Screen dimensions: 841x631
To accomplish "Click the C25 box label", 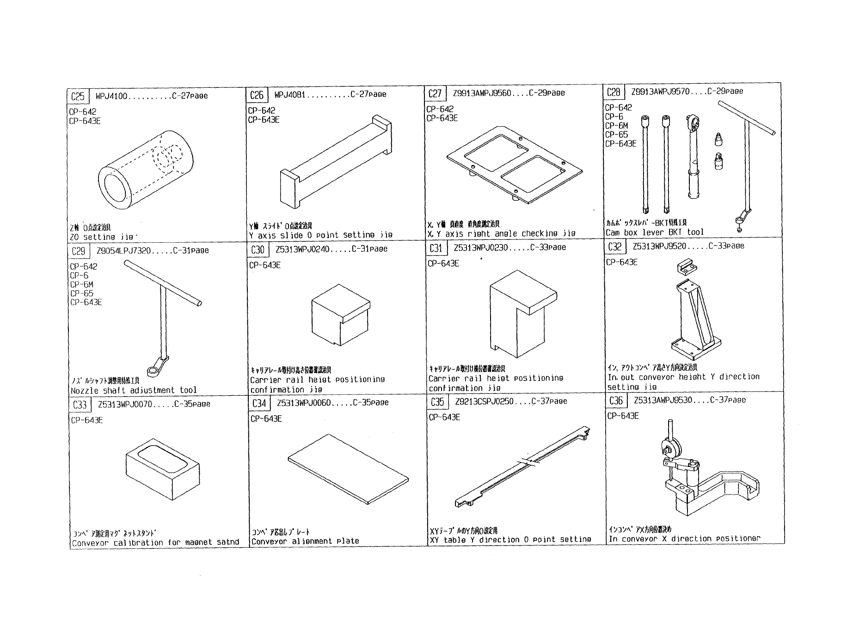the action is point(78,96).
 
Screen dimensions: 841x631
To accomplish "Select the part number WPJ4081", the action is point(290,95).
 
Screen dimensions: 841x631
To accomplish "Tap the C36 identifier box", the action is point(616,400).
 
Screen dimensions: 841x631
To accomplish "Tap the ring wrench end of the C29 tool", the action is point(153,369).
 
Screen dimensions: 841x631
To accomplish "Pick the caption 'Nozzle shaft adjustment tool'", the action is point(134,390).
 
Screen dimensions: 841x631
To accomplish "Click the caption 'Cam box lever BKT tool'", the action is point(654,233).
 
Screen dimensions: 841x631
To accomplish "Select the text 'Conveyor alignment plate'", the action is point(305,541).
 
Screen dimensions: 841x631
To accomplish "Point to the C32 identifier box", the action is point(614,247).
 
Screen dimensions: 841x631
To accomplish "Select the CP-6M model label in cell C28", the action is point(616,126).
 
